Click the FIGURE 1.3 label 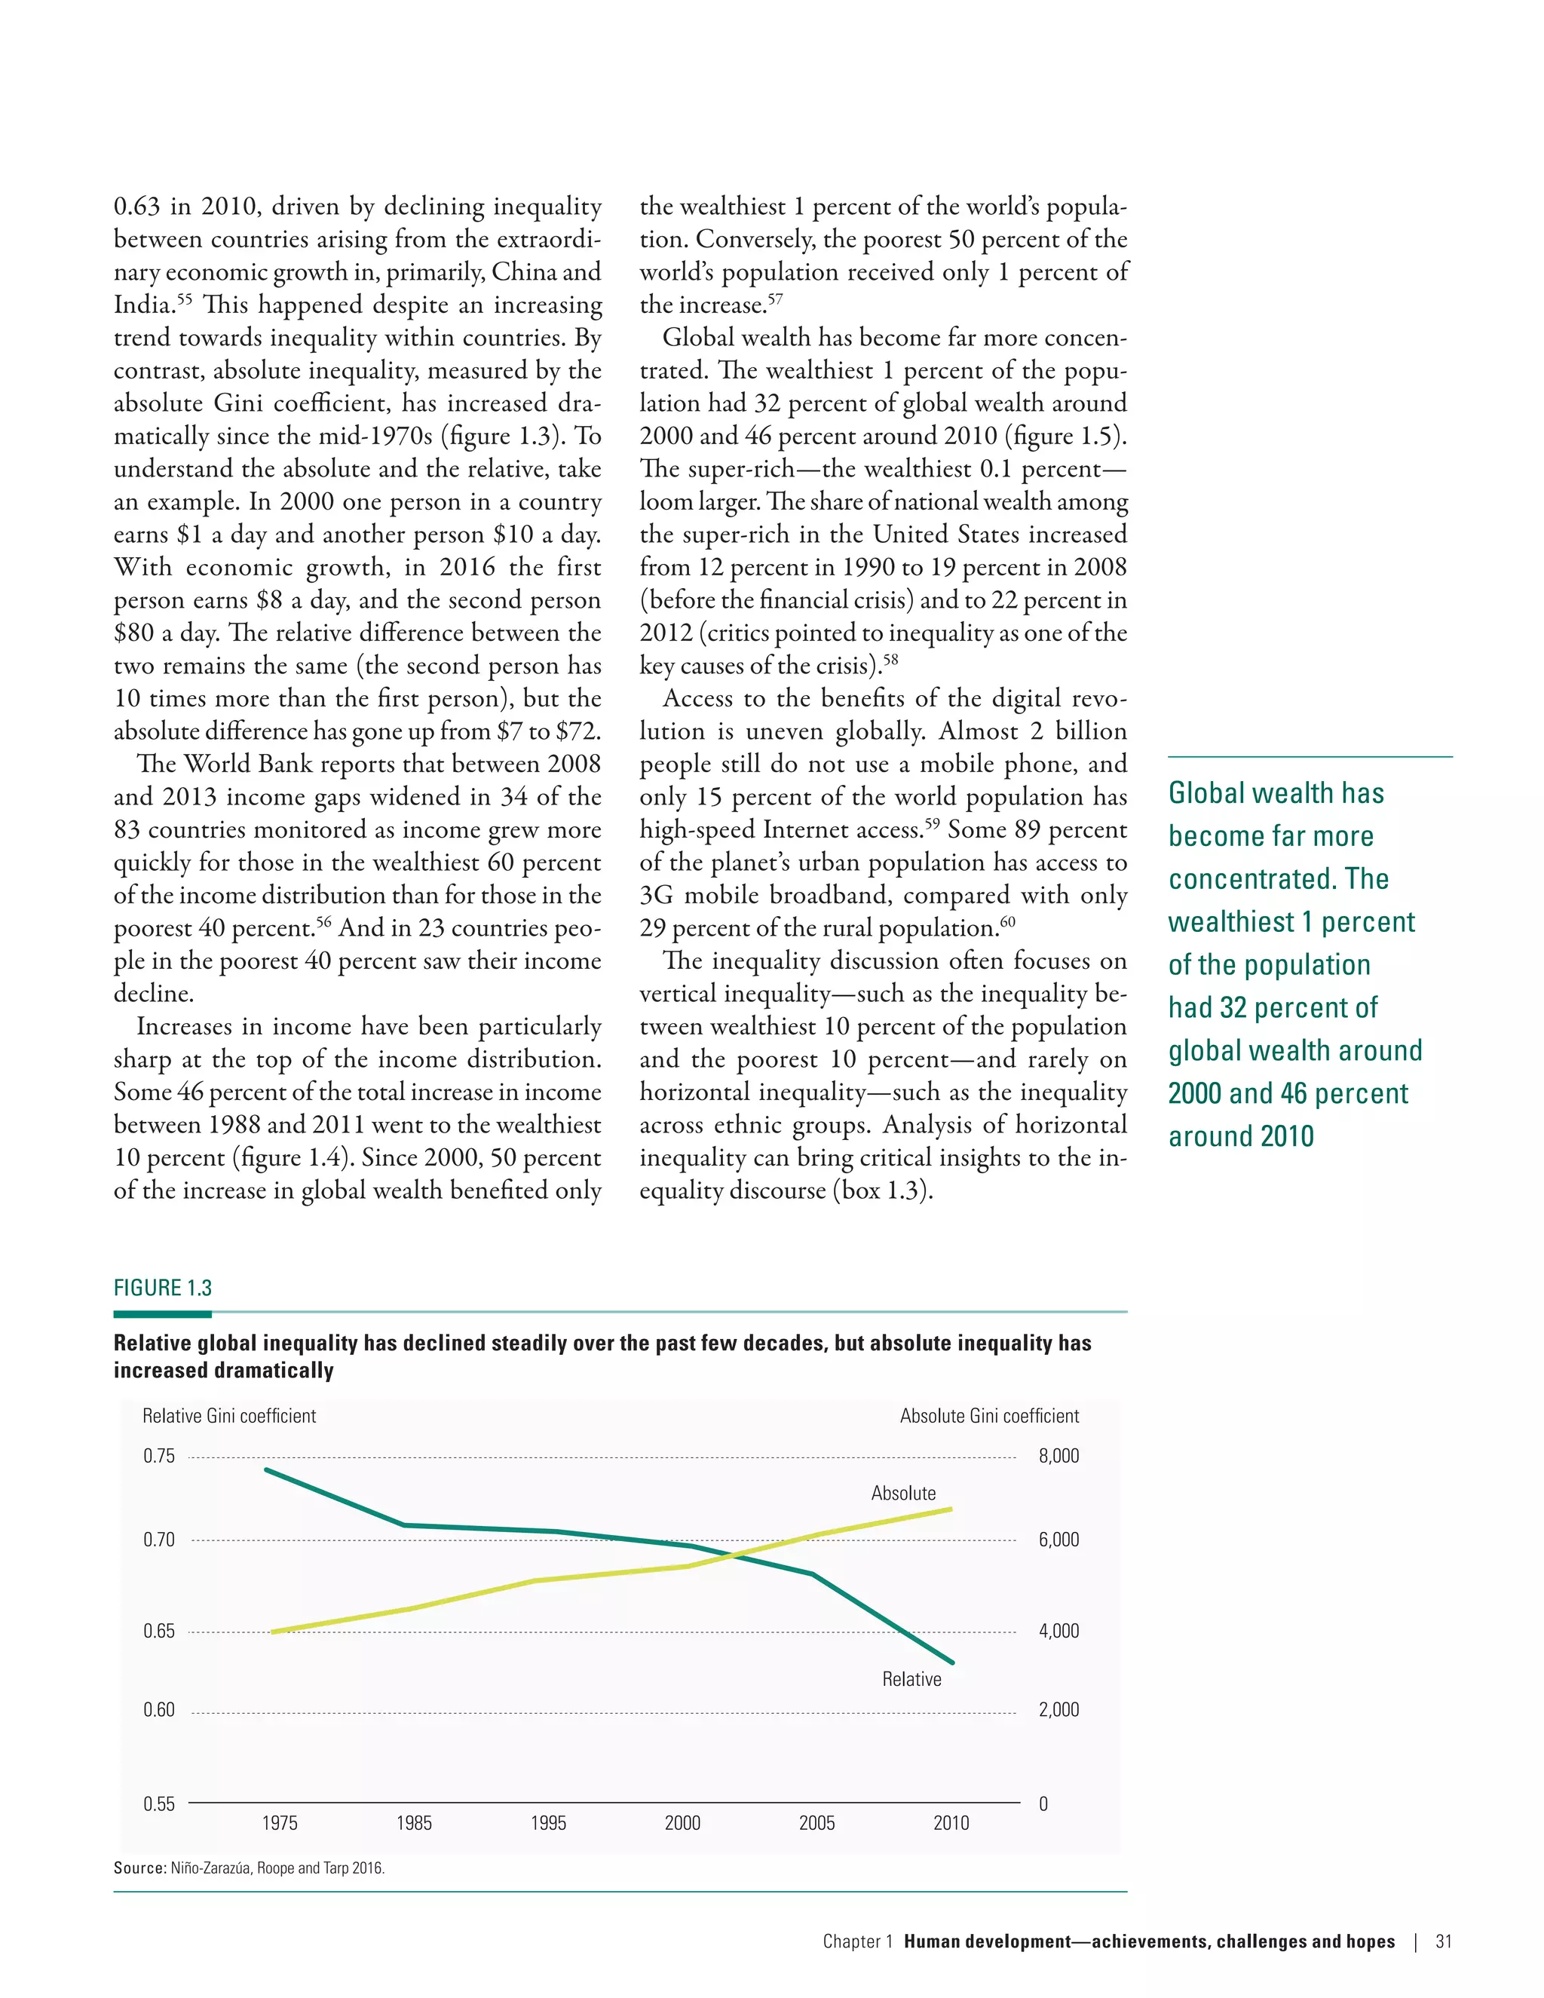click(x=163, y=1288)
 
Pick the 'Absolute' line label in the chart click(x=902, y=1494)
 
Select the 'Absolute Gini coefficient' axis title click(x=989, y=1416)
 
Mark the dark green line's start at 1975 click(x=266, y=1470)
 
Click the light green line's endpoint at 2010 click(x=951, y=1509)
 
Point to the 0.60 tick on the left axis click(x=158, y=1710)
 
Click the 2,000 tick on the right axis click(x=1058, y=1710)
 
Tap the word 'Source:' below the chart click(x=140, y=1868)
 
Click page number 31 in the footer click(x=1444, y=1942)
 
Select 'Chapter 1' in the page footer click(x=857, y=1942)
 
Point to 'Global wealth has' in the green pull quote click(x=1276, y=793)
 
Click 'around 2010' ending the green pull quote click(x=1240, y=1136)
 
